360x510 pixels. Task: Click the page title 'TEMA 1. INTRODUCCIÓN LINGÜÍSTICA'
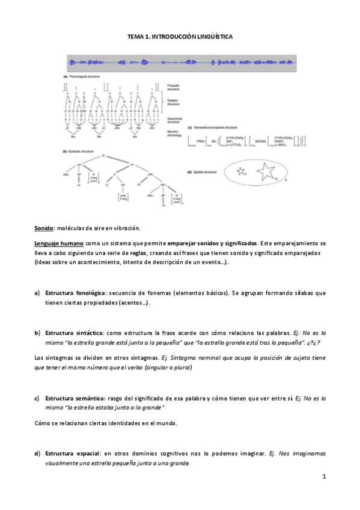(x=180, y=37)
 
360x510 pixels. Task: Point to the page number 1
(x=323, y=477)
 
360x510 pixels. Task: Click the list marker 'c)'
(x=37, y=398)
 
